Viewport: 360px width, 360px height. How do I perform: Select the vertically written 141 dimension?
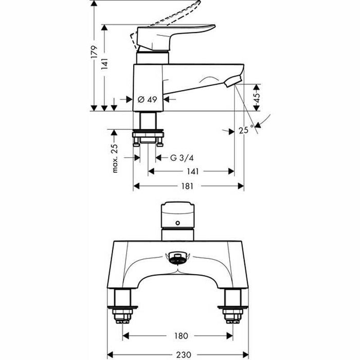tap(104, 64)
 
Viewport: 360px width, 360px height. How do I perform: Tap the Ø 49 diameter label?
tap(148, 100)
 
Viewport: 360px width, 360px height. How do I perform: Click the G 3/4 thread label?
tap(181, 157)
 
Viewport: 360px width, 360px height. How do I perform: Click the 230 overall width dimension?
tap(178, 354)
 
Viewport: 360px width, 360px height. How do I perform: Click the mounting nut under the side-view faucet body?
tap(148, 137)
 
